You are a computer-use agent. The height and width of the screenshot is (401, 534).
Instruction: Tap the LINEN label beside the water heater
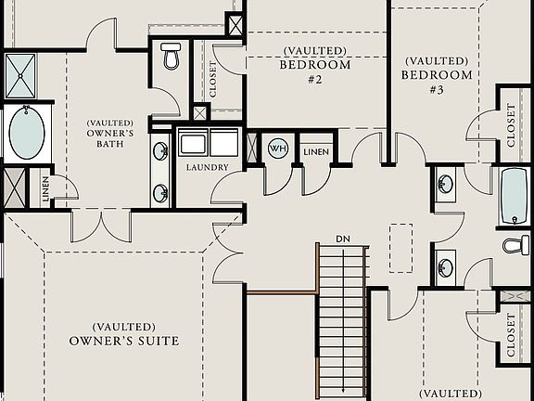[316, 151]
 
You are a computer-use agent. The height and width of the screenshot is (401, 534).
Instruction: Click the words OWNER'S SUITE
[124, 341]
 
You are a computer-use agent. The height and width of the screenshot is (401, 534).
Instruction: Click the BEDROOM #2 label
[315, 72]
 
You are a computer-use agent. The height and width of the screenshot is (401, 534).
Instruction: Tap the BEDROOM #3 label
[436, 82]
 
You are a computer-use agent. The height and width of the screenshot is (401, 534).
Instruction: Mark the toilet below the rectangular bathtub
[515, 245]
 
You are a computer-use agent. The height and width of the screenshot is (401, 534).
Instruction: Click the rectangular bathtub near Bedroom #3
[515, 196]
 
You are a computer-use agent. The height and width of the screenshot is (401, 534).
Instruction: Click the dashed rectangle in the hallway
[401, 248]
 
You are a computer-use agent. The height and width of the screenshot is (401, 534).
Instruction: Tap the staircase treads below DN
[342, 316]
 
